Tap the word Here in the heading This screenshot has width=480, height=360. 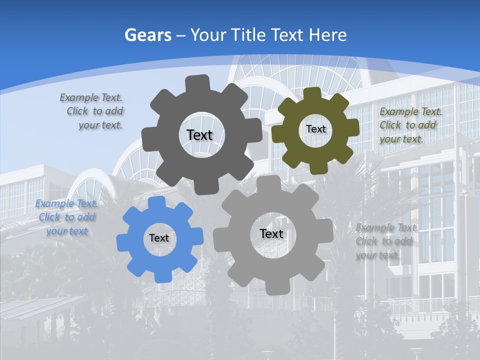328,35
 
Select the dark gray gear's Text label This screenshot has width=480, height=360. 199,135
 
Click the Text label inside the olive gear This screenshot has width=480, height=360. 315,129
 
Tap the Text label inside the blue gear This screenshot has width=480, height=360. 159,238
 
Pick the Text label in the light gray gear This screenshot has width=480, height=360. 271,233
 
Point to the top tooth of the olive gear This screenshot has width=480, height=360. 312,93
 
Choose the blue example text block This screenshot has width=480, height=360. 67,217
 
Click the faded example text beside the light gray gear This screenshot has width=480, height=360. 384,241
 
